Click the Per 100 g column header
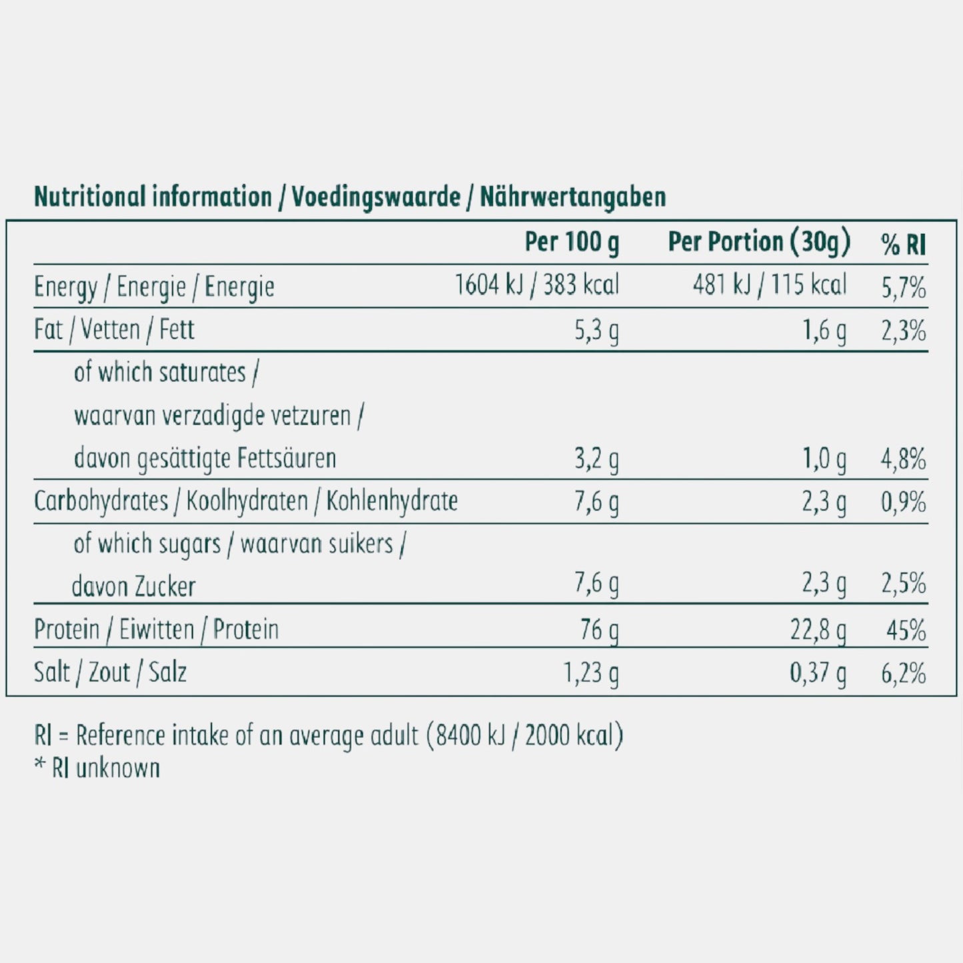[x=571, y=243]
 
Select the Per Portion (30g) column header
[x=759, y=243]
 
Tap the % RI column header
[x=903, y=245]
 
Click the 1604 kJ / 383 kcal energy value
[x=536, y=285]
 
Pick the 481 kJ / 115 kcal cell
[x=769, y=285]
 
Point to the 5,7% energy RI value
[x=903, y=288]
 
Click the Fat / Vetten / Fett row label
[x=114, y=330]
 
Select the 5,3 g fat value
[x=596, y=331]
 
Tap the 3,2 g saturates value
[x=596, y=459]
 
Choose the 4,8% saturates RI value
[x=903, y=459]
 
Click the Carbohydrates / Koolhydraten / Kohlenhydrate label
[x=245, y=501]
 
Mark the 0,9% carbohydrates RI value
[x=903, y=502]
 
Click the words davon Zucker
[x=133, y=587]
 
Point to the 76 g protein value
[x=599, y=630]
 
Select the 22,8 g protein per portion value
[x=818, y=630]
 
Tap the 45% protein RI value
[x=906, y=630]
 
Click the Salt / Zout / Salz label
[x=110, y=672]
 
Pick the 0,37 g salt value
[x=818, y=673]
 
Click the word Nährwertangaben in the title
[x=572, y=197]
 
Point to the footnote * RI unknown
[x=97, y=768]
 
